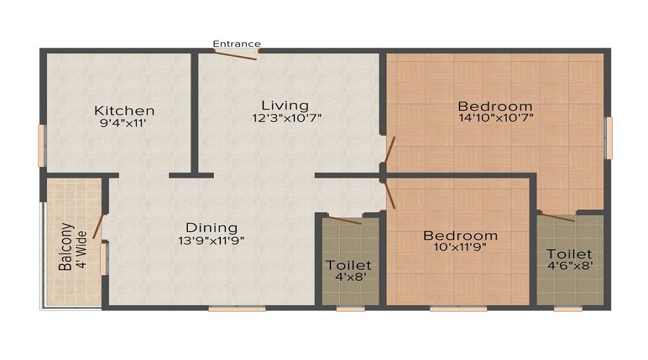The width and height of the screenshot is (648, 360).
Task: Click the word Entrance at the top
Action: (x=237, y=44)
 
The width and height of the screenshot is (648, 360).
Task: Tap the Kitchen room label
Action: (x=125, y=111)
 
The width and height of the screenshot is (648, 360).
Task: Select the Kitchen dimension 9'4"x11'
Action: (x=125, y=123)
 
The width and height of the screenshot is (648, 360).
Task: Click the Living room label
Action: (x=285, y=105)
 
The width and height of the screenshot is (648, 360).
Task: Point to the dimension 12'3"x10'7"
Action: (x=286, y=118)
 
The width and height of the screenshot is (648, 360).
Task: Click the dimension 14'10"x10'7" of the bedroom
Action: (x=495, y=118)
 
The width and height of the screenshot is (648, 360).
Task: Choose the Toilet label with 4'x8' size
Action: (x=348, y=266)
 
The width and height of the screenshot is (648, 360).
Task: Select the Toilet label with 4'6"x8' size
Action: (x=569, y=254)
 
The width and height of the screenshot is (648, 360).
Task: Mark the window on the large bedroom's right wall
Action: (x=608, y=138)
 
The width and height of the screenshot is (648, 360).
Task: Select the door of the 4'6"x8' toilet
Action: (x=557, y=216)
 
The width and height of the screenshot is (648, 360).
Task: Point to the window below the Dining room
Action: (x=237, y=308)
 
